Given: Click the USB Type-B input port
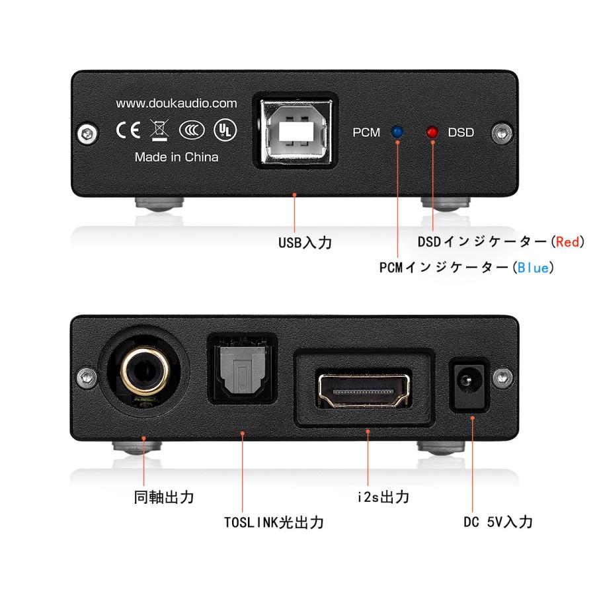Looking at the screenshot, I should click(295, 132).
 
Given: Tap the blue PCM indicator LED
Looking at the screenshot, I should click(397, 132).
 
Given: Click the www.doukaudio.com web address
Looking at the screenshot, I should click(176, 103).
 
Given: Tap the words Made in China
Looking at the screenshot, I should click(176, 157).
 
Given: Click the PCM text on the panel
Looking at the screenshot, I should click(366, 132).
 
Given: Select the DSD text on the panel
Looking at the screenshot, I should click(461, 132).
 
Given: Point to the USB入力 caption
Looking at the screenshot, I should click(305, 243).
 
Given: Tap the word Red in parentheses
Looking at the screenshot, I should click(567, 241).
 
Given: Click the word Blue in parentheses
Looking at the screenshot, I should click(533, 268).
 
